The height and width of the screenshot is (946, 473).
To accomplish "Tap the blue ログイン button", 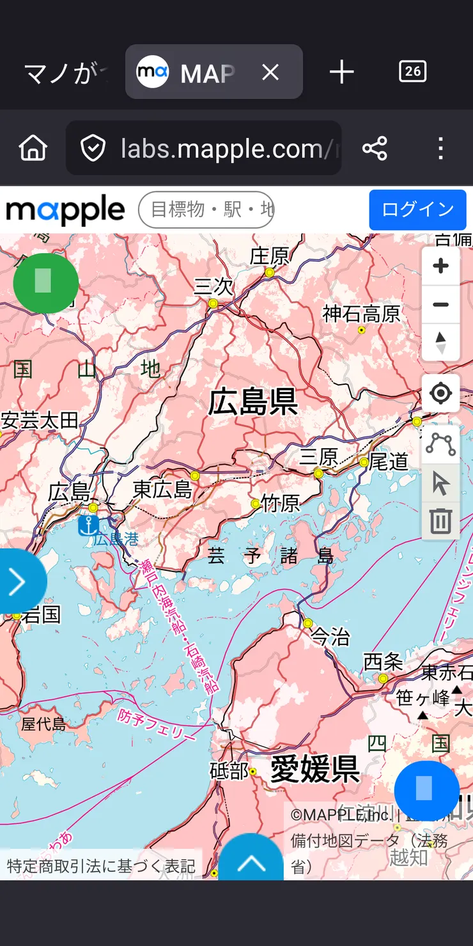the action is point(417,210).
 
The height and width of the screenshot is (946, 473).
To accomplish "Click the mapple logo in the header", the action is point(65,210).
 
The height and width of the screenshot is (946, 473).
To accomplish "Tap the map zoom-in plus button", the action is point(440,266).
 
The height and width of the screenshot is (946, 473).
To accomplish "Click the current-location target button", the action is point(440,393).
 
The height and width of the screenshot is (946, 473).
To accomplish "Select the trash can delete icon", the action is point(440,521).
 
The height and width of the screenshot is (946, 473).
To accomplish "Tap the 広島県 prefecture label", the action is point(253,402).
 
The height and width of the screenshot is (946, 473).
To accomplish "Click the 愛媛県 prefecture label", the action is point(314,768).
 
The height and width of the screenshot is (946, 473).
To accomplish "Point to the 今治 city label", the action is point(330,636).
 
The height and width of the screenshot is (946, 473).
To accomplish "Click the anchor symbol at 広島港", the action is point(88,525).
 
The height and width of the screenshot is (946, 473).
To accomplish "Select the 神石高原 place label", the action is point(361,314).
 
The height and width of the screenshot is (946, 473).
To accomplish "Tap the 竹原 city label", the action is point(281,504).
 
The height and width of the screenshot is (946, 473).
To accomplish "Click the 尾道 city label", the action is point(388,461).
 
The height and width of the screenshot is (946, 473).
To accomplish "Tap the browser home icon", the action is point(33,148).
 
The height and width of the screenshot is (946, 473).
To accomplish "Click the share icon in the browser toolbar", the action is point(375,148).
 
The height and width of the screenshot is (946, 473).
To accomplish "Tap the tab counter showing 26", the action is point(412,71).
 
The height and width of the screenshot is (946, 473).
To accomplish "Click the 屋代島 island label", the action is point(43,724).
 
